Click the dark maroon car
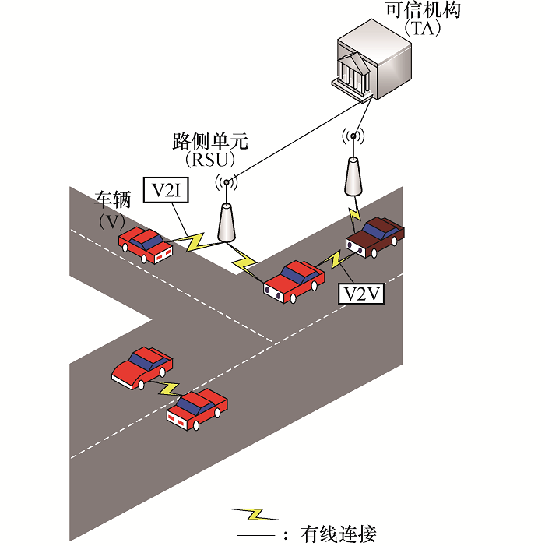tap(377, 234)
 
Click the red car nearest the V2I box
tap(145, 244)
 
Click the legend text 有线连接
tap(339, 534)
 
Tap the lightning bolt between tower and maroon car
tap(355, 212)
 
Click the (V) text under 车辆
tap(114, 221)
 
